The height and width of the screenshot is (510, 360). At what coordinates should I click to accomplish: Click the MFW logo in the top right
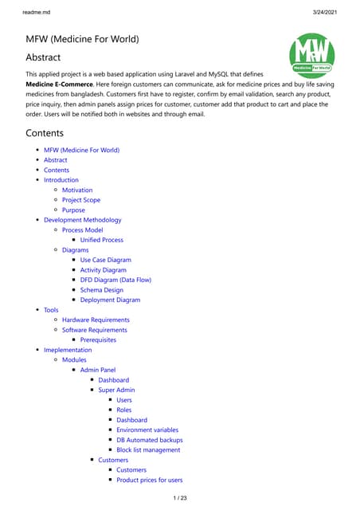311,55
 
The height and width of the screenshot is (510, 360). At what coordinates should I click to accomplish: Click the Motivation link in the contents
77,190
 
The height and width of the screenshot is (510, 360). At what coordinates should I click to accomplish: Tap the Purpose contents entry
73,210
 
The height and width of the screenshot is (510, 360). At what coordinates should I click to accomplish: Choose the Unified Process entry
101,240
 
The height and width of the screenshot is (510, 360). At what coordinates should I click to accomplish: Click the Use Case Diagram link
105,260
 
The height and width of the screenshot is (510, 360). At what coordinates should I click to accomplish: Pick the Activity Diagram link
103,270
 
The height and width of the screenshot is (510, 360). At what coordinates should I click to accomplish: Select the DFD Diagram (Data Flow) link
115,280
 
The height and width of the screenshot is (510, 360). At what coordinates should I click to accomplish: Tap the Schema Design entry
101,290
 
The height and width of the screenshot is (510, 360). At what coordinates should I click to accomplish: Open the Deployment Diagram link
111,300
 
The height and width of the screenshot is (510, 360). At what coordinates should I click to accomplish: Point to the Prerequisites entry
98,340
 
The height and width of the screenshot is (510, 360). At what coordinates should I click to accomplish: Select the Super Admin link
116,390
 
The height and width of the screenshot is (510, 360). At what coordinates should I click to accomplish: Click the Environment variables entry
147,430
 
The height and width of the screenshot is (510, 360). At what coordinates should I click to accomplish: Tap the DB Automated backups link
149,440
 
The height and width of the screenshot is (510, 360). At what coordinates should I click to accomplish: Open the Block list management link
148,450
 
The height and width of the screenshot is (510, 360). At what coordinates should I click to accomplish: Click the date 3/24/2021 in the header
335,8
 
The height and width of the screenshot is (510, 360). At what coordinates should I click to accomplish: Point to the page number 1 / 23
180,498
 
